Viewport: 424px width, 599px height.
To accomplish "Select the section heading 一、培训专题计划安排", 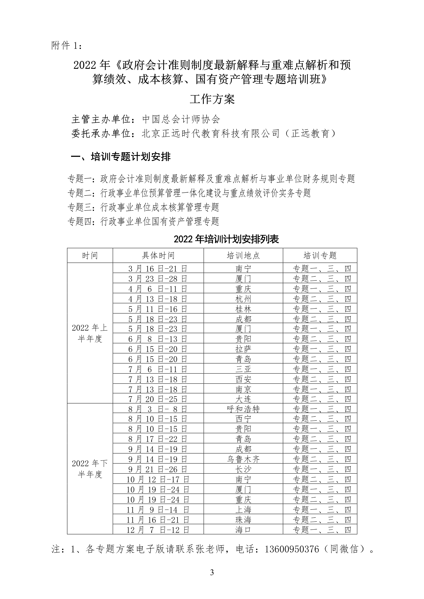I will pyautogui.click(x=121, y=157).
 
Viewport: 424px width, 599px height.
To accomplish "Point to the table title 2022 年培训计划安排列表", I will pyautogui.click(x=226, y=239).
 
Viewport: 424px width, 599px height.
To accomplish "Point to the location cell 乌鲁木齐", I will pyautogui.click(x=243, y=459).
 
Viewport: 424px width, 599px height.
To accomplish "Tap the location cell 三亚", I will pyautogui.click(x=243, y=369).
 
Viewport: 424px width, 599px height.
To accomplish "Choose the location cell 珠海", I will pyautogui.click(x=243, y=520).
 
